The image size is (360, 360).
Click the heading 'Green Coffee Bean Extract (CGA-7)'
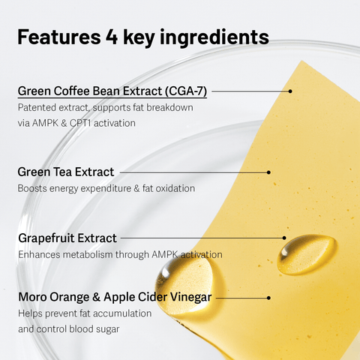pos(112,91)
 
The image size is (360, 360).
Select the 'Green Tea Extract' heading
pos(65,172)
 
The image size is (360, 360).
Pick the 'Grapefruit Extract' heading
pos(67,238)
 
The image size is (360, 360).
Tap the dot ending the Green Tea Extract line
pos(268,172)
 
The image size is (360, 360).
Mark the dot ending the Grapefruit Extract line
pos(286,238)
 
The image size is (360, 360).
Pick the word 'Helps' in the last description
pos(31,313)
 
